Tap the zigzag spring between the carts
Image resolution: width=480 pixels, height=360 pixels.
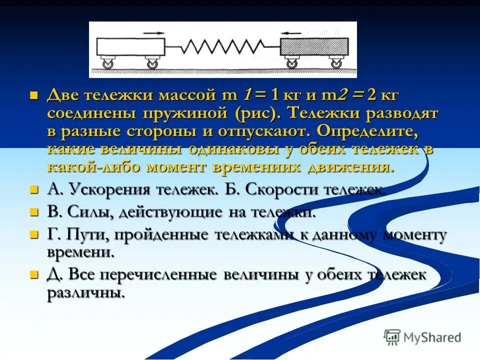pos(222,46)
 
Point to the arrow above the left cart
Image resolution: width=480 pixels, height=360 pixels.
pos(153,33)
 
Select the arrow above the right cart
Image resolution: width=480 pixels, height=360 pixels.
pos(291,33)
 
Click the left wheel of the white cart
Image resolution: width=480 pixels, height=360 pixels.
pos(107,63)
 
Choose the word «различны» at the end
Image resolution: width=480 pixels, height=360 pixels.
pos(85,292)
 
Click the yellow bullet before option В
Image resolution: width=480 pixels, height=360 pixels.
pos(34,211)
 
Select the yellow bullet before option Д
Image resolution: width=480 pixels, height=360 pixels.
pos(34,274)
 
